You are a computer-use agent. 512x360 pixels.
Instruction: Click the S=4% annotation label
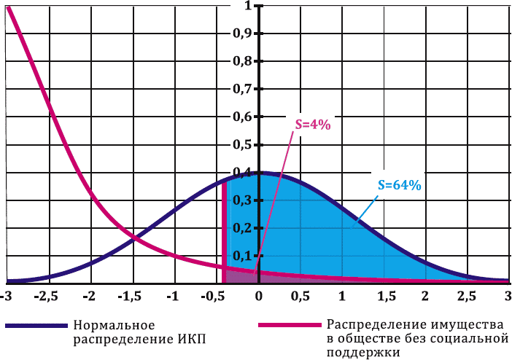[313, 125]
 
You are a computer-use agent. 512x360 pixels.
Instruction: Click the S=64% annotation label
[400, 185]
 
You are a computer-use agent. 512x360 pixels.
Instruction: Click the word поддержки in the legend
[363, 352]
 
